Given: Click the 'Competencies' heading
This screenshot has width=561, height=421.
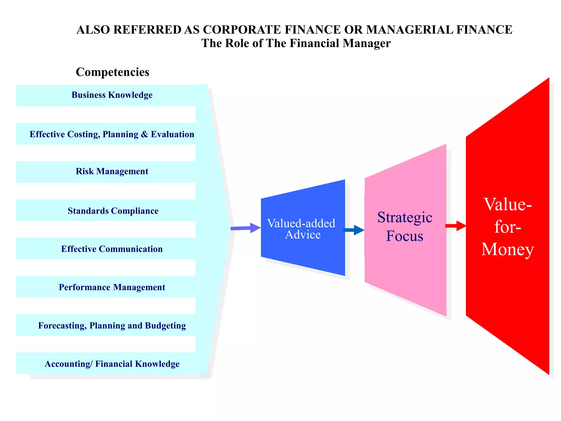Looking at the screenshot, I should coord(112,72).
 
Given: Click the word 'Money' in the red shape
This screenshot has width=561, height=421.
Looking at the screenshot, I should coord(508,249).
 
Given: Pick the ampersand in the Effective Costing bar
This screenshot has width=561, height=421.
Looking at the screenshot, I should coord(144,134).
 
